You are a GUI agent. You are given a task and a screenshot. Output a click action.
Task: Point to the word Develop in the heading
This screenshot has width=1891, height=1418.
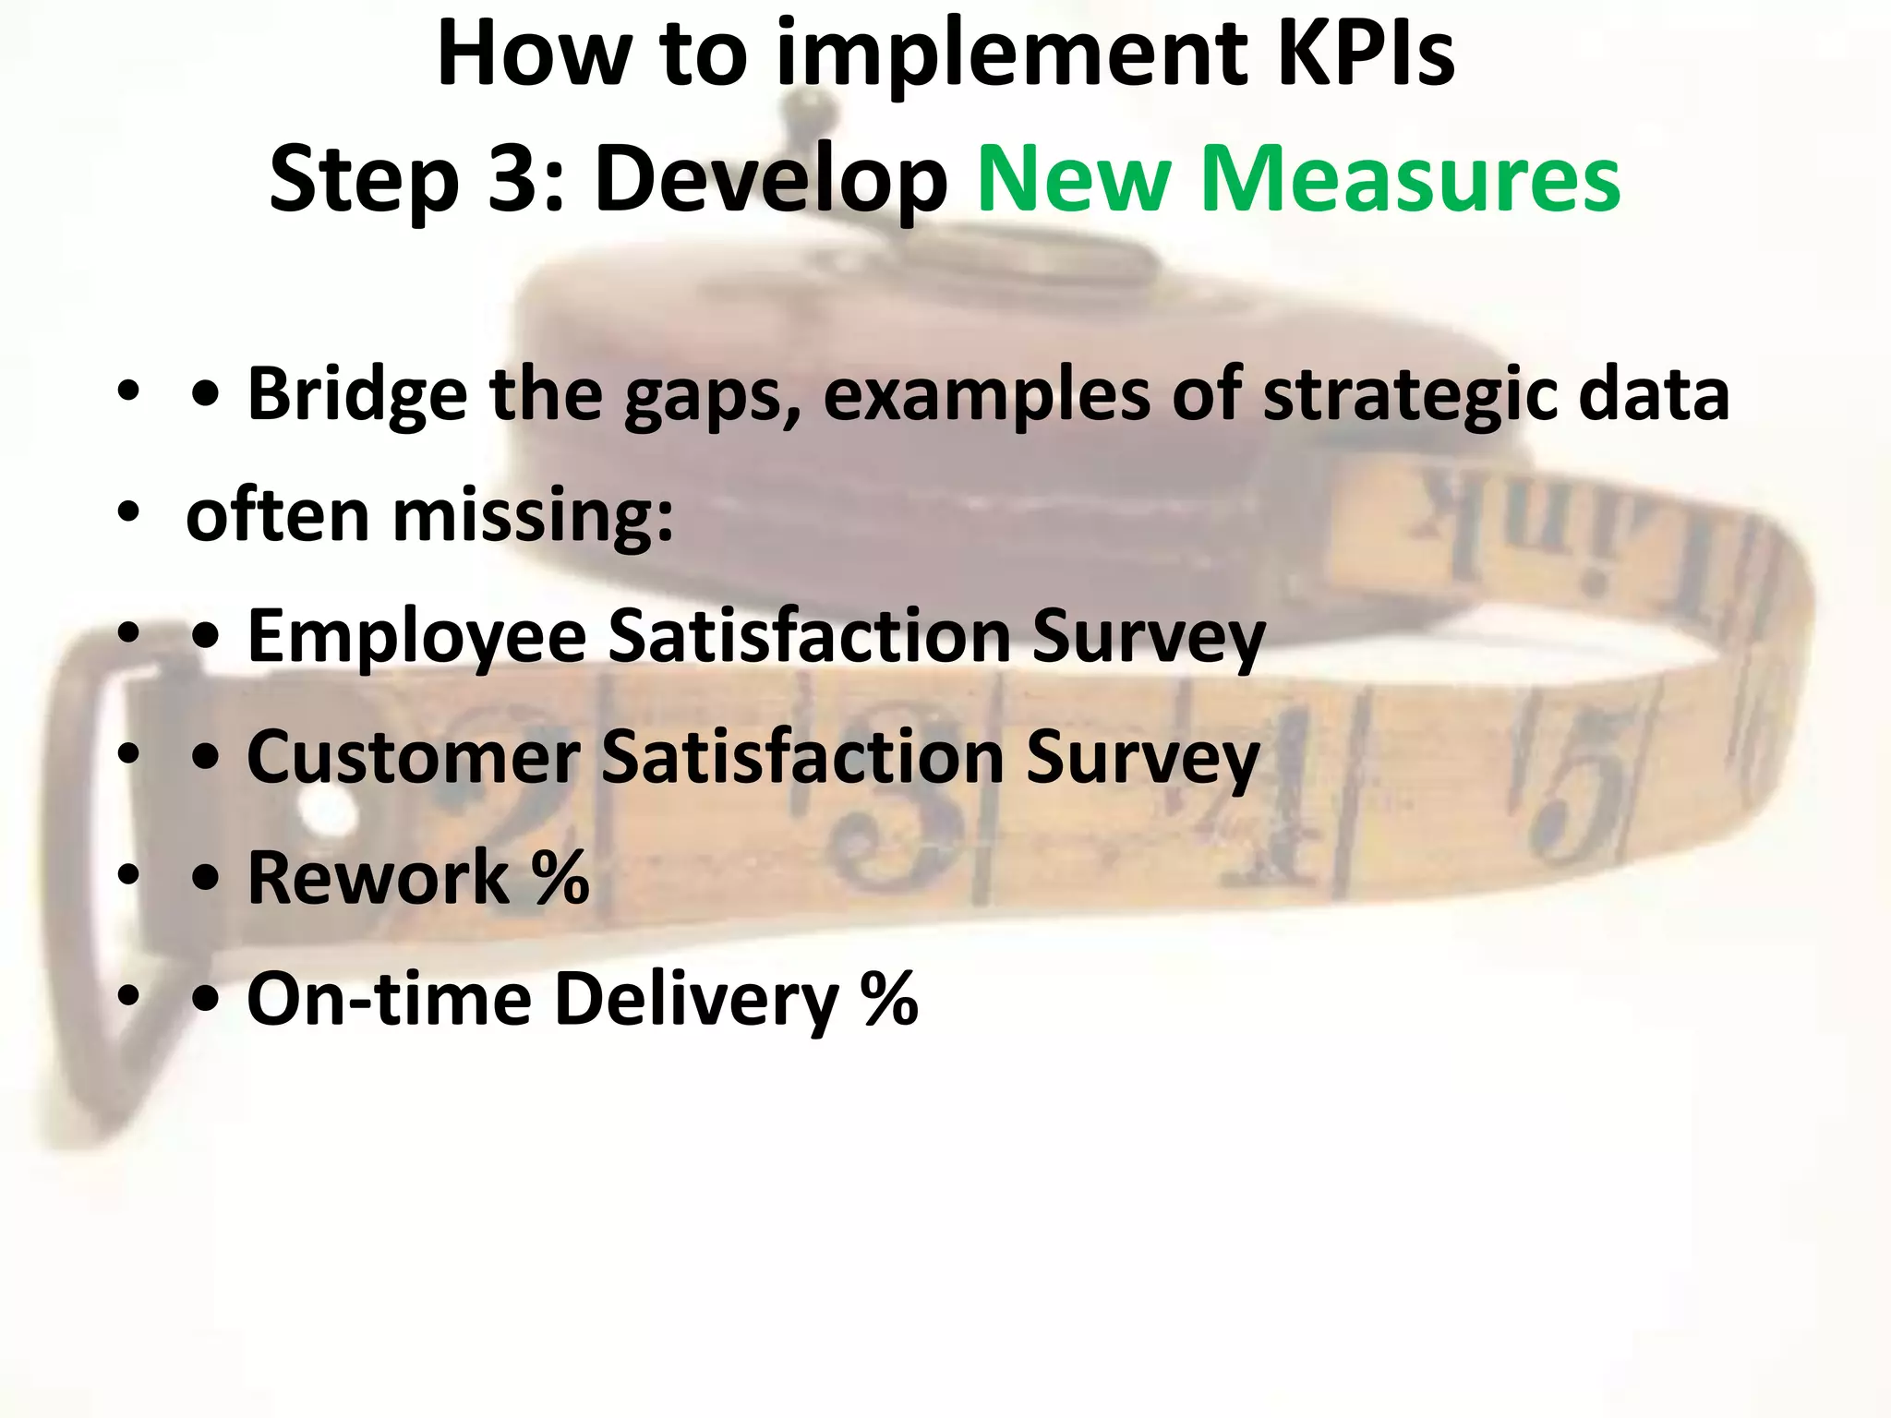click(771, 180)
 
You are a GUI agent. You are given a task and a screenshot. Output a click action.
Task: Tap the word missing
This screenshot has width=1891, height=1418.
click(533, 517)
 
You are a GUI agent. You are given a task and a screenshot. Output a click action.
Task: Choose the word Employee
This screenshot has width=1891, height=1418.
click(416, 638)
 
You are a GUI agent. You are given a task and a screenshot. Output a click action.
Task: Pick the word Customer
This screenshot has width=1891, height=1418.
click(413, 757)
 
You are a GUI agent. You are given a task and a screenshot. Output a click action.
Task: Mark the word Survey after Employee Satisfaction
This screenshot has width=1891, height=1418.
click(1149, 638)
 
